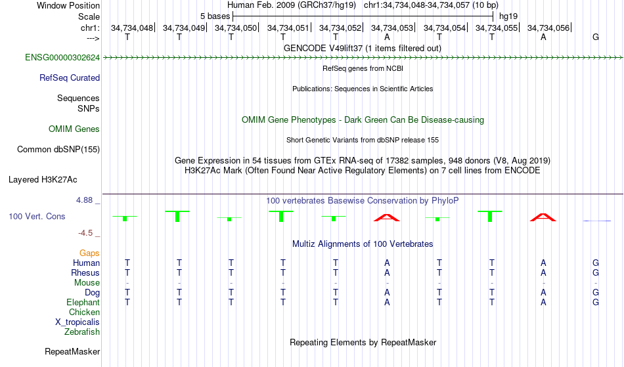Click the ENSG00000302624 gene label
click(x=62, y=58)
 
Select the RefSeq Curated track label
click(x=70, y=78)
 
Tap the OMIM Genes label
click(x=74, y=129)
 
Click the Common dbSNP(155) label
click(x=58, y=150)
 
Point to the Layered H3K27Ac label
click(x=43, y=180)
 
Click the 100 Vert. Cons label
click(x=37, y=216)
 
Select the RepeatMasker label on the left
click(x=72, y=351)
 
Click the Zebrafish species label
click(x=82, y=332)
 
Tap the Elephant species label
click(x=83, y=303)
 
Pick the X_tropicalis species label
click(x=78, y=322)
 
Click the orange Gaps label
click(x=89, y=253)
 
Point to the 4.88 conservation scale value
click(x=84, y=200)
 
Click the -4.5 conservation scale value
click(x=85, y=233)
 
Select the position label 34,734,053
click(x=392, y=28)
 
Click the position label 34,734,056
click(x=548, y=28)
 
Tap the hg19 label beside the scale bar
click(x=508, y=16)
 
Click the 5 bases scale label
click(x=215, y=16)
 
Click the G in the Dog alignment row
click(x=596, y=293)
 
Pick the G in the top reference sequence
click(x=596, y=37)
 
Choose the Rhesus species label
click(x=85, y=272)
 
